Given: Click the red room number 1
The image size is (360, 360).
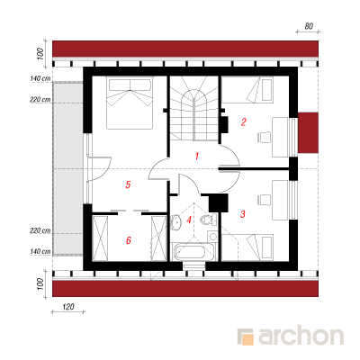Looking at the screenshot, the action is [197, 156].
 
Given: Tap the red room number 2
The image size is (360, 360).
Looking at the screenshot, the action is [244, 121].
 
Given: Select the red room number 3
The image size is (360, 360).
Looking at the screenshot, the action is [243, 213].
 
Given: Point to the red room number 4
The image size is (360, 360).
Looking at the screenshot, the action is [189, 220].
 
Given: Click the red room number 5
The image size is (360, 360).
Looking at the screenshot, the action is [128, 184].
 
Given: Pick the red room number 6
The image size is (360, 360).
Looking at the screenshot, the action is [129, 240].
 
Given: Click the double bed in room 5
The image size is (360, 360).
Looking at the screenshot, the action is [130, 103].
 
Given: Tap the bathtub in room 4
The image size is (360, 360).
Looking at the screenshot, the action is [193, 253].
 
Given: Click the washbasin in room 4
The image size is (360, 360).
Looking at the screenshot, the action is [176, 221].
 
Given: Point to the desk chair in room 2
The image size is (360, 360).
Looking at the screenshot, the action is [265, 137].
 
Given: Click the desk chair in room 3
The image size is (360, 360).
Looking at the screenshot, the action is [265, 200].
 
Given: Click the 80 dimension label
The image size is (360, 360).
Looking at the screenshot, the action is [309, 26].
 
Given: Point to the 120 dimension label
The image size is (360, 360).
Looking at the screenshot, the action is [68, 307].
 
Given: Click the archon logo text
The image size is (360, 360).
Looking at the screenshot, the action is [301, 337].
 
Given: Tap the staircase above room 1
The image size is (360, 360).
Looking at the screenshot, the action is [194, 108].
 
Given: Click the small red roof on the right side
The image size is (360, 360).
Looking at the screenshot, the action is [308, 132].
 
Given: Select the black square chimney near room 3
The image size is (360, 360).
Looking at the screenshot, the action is [219, 203].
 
